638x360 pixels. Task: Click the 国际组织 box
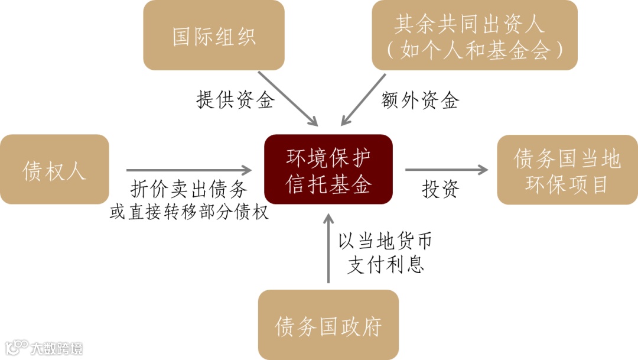coord(214,35)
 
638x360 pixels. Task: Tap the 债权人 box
coord(54,170)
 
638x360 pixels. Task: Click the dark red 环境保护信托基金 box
coord(328,170)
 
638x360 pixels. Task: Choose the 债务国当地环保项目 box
coord(567,170)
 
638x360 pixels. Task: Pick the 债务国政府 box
coord(328,326)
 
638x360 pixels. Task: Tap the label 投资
coord(440,189)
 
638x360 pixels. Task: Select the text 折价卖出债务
coord(188,190)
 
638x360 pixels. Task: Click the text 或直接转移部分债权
coord(189,212)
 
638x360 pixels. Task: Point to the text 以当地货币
coord(385,241)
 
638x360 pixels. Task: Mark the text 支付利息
coord(385,264)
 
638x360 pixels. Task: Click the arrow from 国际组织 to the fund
coord(289,99)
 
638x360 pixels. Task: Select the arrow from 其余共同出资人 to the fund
coord(363,100)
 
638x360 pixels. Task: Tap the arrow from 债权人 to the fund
coord(189,170)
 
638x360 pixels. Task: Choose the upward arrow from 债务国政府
coord(328,248)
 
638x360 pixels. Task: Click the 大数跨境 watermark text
coord(57,348)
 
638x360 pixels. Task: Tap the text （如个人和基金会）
coord(474,51)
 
